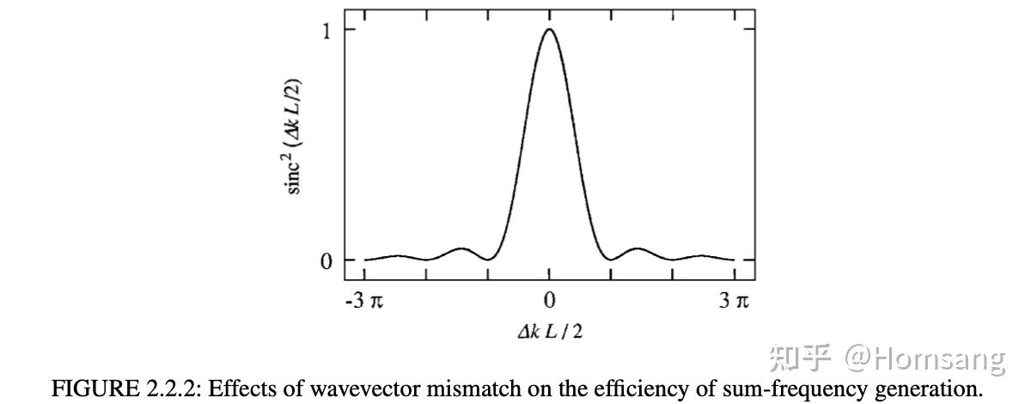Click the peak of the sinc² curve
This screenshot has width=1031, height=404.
[549, 30]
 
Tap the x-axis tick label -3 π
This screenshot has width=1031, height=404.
[364, 301]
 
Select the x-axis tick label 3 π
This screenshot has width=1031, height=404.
[735, 301]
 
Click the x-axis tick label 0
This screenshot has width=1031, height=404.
[549, 301]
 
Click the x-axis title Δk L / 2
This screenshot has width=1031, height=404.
[549, 331]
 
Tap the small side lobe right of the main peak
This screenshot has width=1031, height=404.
[637, 249]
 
